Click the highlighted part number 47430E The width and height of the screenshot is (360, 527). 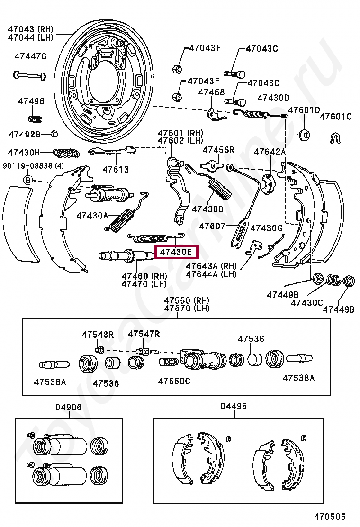177,252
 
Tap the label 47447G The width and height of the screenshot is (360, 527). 30,56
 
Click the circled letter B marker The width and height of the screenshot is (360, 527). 28,180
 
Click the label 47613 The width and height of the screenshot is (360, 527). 116,169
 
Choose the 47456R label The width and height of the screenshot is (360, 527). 218,150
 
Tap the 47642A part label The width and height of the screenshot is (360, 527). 270,152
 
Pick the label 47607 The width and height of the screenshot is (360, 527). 212,226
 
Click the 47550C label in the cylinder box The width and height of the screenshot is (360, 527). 174,381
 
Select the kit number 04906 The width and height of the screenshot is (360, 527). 68,407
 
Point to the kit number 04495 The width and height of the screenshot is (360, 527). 234,406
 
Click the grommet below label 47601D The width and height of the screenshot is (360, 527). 304,135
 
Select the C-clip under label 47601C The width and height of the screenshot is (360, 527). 335,138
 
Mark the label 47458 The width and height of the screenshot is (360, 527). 211,92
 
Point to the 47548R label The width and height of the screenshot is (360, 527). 98,335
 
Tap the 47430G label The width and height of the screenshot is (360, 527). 266,228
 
